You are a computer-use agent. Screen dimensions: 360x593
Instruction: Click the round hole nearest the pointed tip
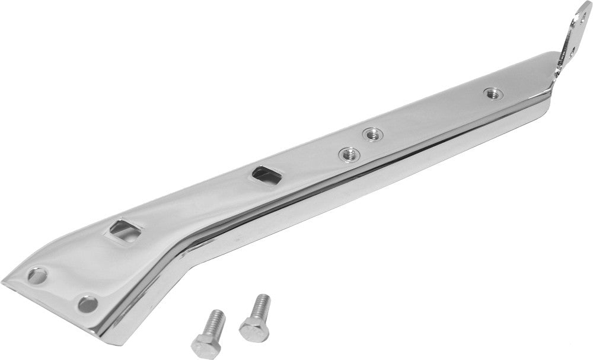[x=37, y=276]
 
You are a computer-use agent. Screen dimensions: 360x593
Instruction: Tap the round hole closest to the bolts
[x=88, y=304]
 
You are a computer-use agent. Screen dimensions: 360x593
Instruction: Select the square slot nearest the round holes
[x=123, y=230]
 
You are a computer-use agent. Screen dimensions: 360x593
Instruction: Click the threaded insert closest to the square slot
[x=349, y=155]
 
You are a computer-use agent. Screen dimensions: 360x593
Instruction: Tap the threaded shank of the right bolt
[x=261, y=307]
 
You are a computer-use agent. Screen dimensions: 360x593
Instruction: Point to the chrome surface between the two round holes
[x=62, y=291]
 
